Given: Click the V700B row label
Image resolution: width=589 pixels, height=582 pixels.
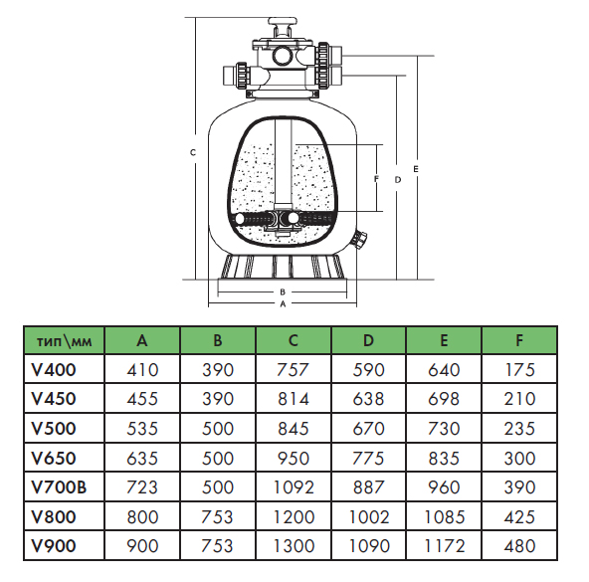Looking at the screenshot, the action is tap(59, 487).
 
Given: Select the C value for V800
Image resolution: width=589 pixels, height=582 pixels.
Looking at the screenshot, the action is tap(294, 517).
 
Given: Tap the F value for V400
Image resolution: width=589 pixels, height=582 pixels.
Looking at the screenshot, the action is tap(519, 370).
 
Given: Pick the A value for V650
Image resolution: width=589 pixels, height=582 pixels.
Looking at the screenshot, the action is tap(142, 458).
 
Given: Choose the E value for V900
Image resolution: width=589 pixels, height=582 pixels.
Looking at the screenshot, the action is tap(444, 546).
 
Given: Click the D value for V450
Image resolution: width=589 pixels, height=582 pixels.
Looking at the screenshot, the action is tap(368, 399).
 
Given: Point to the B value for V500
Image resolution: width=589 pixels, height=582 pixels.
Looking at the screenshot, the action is tap(218, 429).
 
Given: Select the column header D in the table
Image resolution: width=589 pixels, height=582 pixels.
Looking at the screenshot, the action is tap(368, 340).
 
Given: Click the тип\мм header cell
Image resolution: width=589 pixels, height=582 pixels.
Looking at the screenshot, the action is tap(65, 341).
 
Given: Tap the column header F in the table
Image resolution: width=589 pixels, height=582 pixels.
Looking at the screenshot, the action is tap(519, 340).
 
